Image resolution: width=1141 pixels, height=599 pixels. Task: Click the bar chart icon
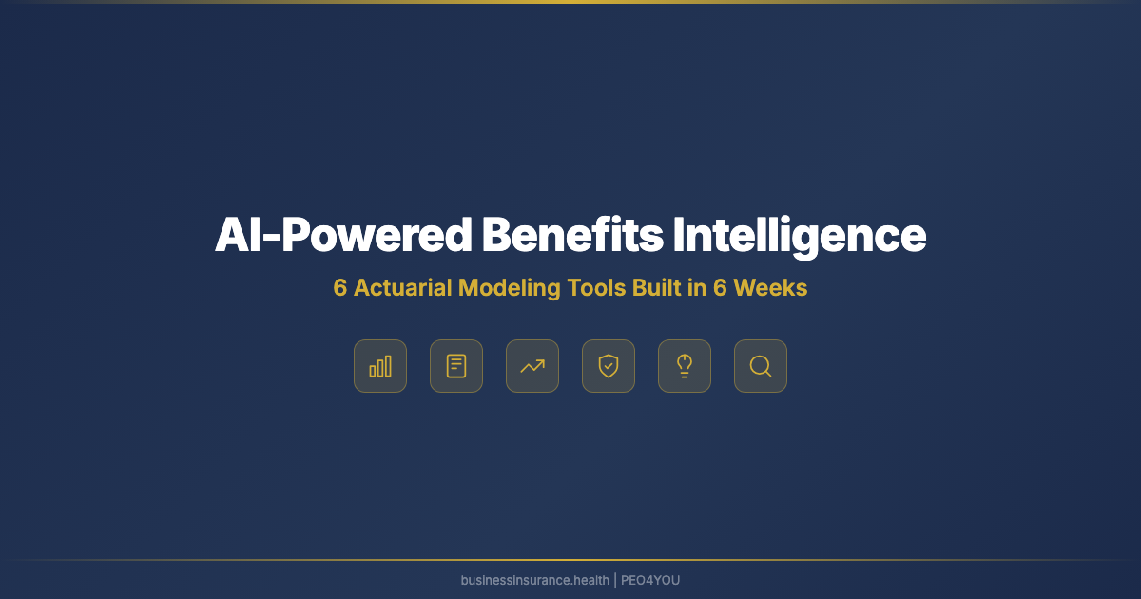coord(380,366)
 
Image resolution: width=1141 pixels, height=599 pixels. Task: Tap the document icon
coord(456,366)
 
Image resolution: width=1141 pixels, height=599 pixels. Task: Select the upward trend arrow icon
coord(532,366)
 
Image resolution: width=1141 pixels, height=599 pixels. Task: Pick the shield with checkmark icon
coord(609,366)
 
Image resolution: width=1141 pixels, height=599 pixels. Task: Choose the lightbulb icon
coord(685,366)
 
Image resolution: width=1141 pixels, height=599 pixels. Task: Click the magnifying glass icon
coord(761,366)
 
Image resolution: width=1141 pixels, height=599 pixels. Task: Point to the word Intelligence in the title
coord(800,236)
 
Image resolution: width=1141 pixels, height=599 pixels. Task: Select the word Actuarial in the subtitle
coord(402,288)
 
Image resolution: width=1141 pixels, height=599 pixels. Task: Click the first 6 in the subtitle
coord(340,288)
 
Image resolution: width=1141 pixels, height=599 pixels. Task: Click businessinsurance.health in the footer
coord(535,580)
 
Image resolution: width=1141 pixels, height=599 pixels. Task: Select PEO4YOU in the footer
coord(650,580)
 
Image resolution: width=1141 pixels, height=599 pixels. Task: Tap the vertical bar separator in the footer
coord(615,580)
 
